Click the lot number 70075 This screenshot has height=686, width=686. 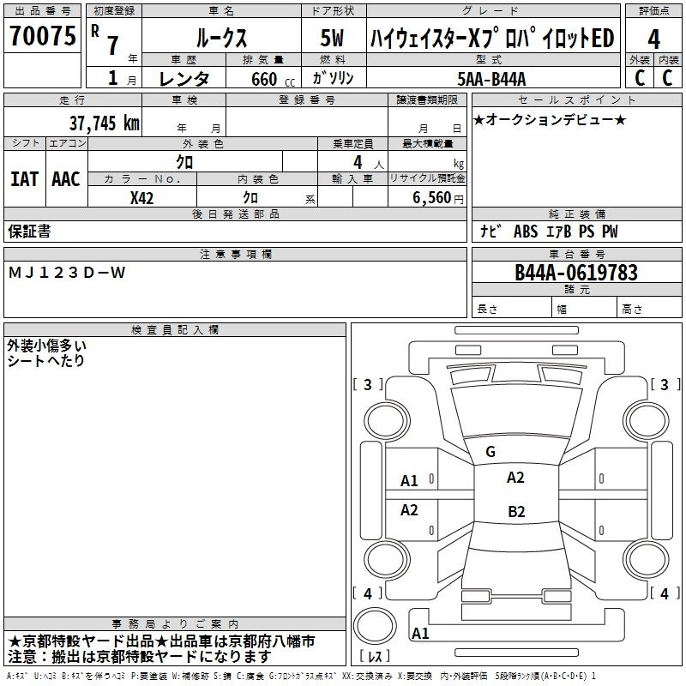pyautogui.click(x=40, y=36)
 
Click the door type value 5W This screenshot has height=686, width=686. pyautogui.click(x=332, y=39)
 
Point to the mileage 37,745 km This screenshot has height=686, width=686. pyautogui.click(x=104, y=123)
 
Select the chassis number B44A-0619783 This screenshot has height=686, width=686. pyautogui.click(x=575, y=273)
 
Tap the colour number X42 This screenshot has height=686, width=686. pyautogui.click(x=142, y=197)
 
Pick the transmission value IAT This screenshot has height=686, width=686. pyautogui.click(x=24, y=179)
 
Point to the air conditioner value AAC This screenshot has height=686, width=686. pyautogui.click(x=65, y=179)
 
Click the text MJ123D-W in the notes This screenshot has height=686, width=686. pyautogui.click(x=67, y=273)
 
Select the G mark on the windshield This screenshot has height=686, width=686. pyautogui.click(x=490, y=452)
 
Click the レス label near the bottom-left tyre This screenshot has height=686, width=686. pyautogui.click(x=375, y=657)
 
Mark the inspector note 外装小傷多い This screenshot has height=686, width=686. pyautogui.click(x=46, y=346)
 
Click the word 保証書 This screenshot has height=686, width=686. pyautogui.click(x=29, y=232)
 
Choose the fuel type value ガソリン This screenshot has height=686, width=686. pyautogui.click(x=332, y=79)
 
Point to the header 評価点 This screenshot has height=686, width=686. pyautogui.click(x=653, y=11)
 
